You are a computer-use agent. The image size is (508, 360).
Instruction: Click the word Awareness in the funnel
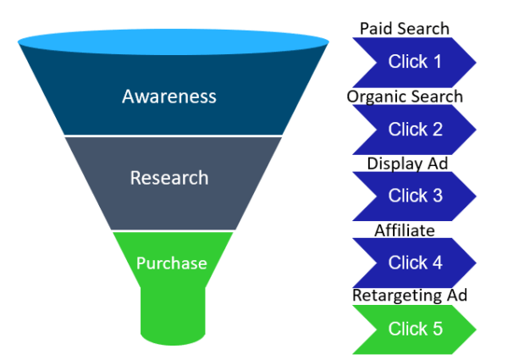[x=169, y=96]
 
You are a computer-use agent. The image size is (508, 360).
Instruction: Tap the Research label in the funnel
[x=169, y=178]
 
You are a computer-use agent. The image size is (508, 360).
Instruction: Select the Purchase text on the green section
[x=172, y=263]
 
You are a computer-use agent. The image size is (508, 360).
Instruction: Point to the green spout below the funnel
[x=173, y=318]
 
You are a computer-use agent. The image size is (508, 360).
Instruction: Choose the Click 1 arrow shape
[x=414, y=62]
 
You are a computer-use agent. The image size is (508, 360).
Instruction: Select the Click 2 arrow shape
[x=414, y=129]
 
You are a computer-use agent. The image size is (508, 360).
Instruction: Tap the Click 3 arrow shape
[x=414, y=196]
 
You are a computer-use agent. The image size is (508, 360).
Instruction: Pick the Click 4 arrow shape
[x=414, y=263]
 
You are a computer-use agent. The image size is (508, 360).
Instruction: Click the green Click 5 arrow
[x=414, y=329]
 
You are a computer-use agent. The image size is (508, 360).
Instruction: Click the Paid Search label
[x=405, y=28]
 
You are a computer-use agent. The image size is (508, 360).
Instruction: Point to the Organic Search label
[x=405, y=96]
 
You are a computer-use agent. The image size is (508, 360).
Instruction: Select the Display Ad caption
[x=407, y=163]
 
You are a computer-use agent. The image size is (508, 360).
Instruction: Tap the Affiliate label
[x=405, y=230]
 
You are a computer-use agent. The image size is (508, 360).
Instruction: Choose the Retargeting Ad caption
[x=410, y=296]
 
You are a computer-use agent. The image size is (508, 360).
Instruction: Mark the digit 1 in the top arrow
[x=437, y=62]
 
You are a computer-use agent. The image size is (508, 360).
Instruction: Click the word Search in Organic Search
[x=436, y=96]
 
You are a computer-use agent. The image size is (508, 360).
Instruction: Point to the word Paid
[x=375, y=28]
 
